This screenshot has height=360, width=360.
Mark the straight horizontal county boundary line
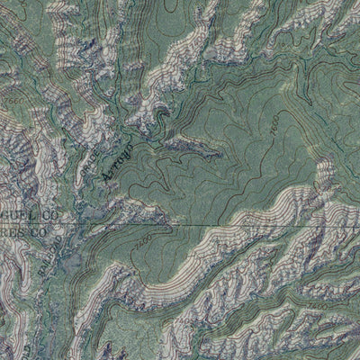tap(225, 223)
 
